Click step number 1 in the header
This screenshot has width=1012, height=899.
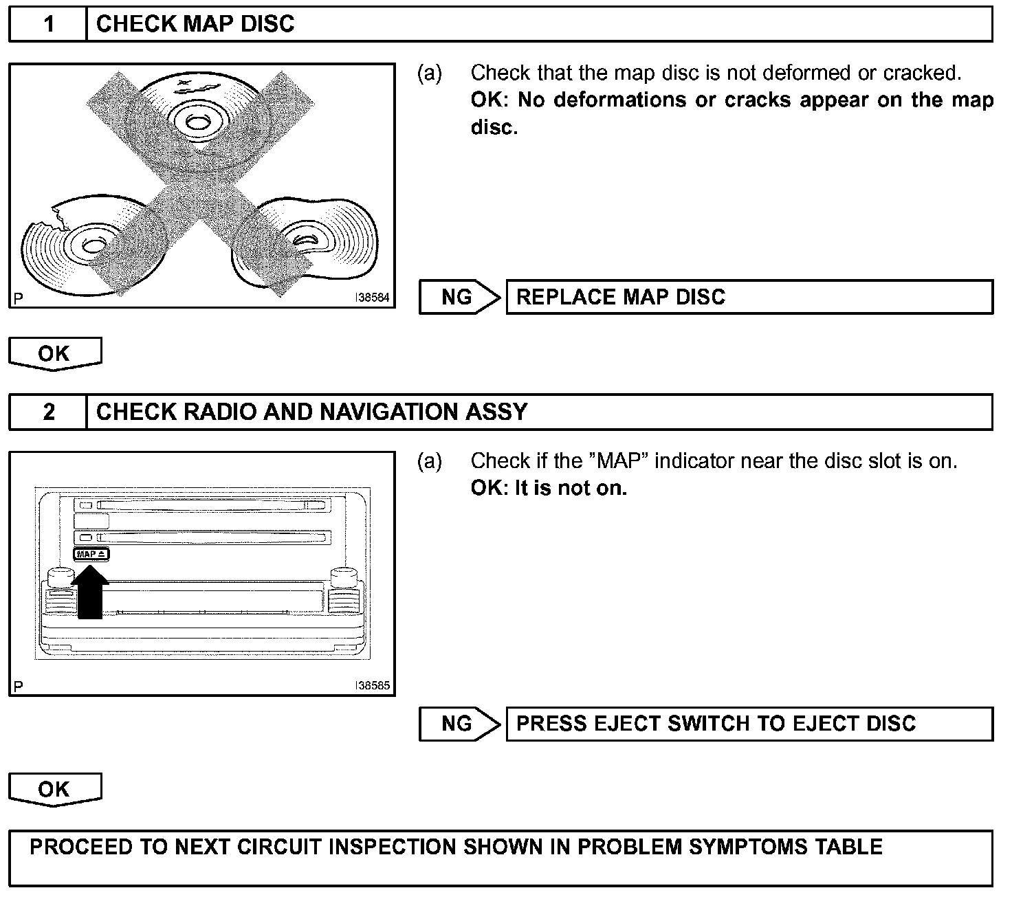tap(48, 24)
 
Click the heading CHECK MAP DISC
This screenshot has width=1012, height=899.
tap(195, 24)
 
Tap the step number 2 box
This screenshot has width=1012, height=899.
tap(48, 412)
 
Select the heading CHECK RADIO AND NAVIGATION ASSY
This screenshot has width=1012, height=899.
tap(311, 412)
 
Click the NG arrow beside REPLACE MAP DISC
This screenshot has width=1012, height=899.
tap(459, 297)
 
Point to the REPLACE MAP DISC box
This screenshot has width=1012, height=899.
tap(749, 297)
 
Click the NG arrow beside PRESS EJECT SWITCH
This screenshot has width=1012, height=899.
tap(459, 724)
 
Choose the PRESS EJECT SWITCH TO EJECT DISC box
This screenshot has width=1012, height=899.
tap(749, 724)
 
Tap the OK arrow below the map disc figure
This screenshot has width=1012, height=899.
tap(55, 353)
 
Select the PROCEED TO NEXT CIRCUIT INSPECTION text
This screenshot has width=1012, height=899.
tap(456, 847)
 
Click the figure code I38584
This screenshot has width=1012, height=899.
tap(372, 299)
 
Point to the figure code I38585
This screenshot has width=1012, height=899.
tap(372, 686)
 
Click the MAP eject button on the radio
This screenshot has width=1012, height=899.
tap(91, 554)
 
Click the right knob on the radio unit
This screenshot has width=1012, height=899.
tap(342, 577)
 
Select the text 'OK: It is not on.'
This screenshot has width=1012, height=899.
tap(549, 489)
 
